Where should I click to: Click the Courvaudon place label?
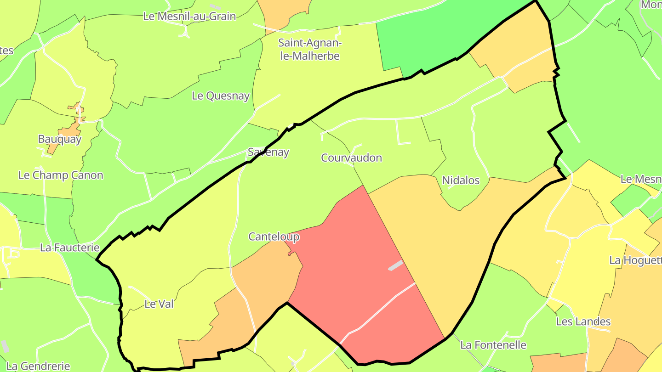[351, 158]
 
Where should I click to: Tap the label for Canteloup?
[274, 237]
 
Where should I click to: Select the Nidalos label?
[461, 180]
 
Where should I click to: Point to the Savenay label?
[268, 152]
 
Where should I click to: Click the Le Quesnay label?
[221, 96]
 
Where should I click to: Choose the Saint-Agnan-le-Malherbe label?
[309, 50]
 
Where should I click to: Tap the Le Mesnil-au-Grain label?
[189, 17]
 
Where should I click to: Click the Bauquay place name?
[59, 139]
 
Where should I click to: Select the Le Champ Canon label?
[61, 175]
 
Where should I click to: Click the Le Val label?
[159, 304]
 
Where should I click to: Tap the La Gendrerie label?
[39, 366]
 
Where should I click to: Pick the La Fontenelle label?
[493, 345]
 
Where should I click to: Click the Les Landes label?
[583, 321]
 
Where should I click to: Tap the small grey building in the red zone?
[395, 265]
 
